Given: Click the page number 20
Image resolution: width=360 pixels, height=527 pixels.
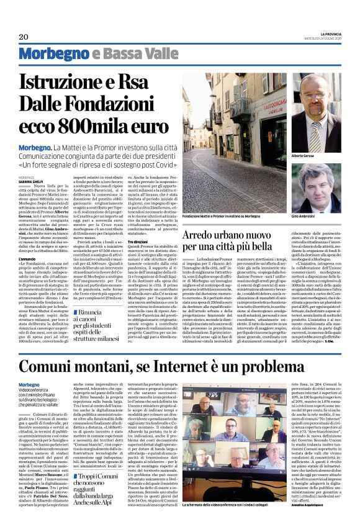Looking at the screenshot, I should pyautogui.click(x=24, y=37).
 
